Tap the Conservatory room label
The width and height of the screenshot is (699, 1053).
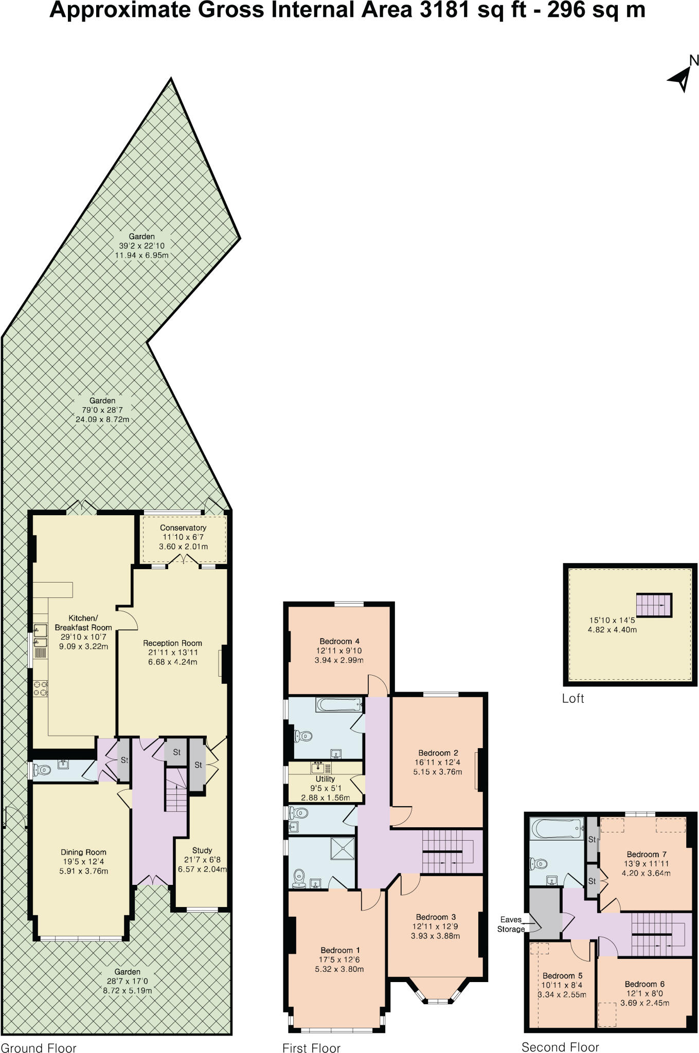183,528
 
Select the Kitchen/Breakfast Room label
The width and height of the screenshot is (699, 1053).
83,623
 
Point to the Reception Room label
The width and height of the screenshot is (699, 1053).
172,643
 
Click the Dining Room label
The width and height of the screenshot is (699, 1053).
84,852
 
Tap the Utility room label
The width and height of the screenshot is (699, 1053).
325,779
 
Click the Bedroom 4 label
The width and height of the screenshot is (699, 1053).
339,641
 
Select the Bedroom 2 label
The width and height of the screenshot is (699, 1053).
438,753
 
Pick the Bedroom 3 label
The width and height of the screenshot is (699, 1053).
436,917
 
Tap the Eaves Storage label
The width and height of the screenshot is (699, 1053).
511,924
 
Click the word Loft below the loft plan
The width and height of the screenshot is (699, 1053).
573,699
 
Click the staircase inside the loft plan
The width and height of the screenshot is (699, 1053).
654,605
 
